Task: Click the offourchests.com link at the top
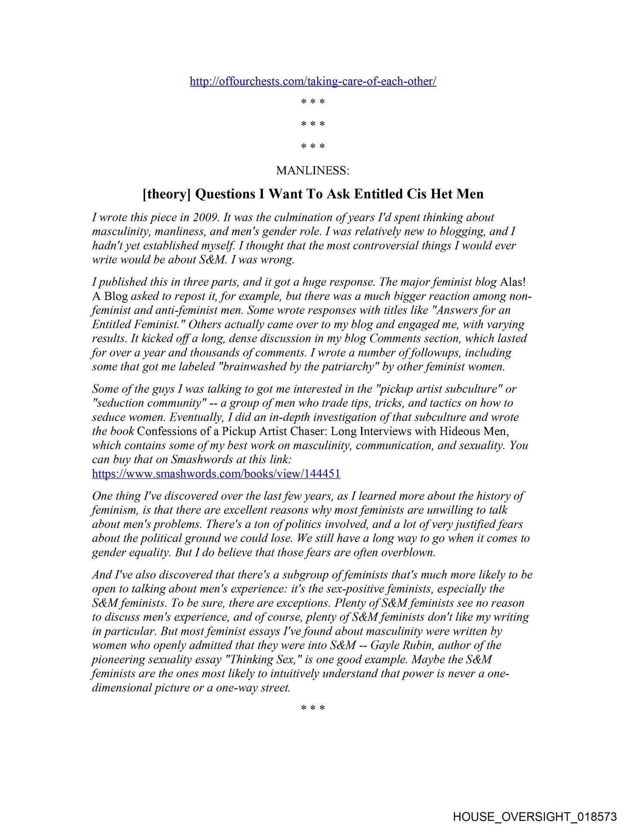(313, 81)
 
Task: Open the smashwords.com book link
(216, 474)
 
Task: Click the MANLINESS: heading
(313, 171)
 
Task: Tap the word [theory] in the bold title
(167, 194)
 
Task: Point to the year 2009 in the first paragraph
(205, 218)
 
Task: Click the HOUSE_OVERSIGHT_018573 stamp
(535, 816)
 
